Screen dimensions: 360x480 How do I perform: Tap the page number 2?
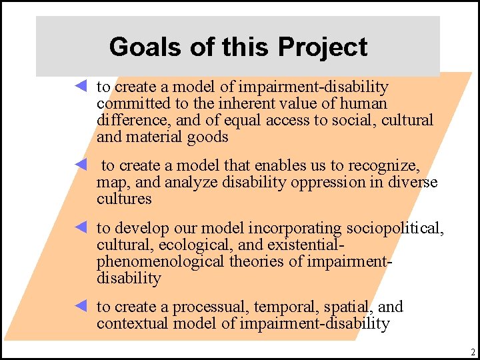[x=472, y=352]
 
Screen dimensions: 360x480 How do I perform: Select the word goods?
[x=208, y=137]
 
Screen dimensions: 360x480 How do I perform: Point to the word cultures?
[x=124, y=199]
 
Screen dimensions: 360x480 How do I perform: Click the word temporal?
[x=286, y=307]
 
